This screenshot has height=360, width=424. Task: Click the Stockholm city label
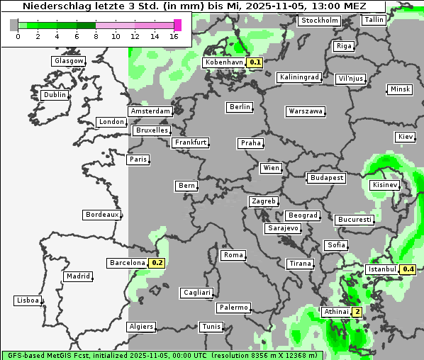tap(319, 21)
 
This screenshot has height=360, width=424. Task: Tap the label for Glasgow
tap(69, 61)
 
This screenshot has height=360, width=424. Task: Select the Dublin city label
tap(54, 95)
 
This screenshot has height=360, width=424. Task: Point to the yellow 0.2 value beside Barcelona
tap(157, 263)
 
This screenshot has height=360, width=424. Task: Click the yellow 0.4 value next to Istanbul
tap(408, 269)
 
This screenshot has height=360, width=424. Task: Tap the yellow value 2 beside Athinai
tap(357, 312)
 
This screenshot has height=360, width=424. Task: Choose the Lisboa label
tap(27, 300)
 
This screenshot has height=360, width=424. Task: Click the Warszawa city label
tap(306, 111)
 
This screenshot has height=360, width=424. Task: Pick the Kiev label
tap(406, 137)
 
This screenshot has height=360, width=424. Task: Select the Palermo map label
tap(233, 308)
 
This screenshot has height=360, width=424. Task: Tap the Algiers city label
tap(140, 327)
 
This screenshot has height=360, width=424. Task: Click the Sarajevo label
tap(283, 229)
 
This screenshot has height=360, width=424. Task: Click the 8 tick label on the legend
tap(96, 36)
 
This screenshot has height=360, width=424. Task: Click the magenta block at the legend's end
tap(177, 25)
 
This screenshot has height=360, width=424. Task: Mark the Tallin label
tap(373, 20)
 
